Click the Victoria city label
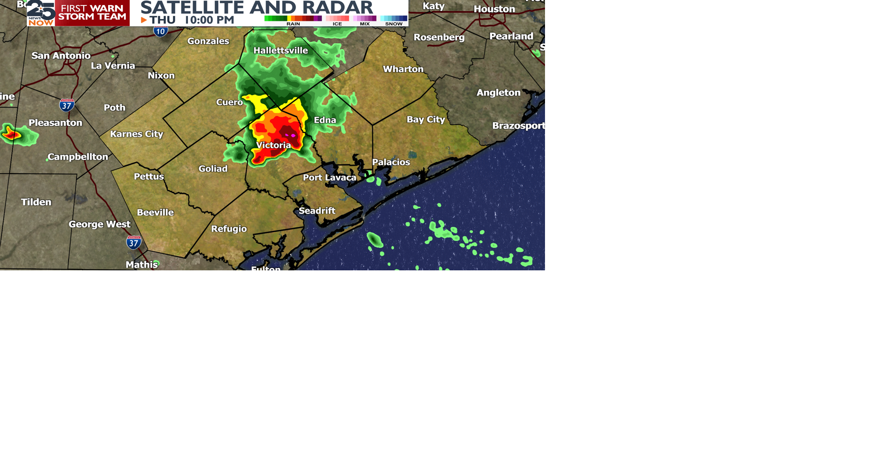[273, 145]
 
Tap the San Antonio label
[61, 56]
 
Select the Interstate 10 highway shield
[160, 31]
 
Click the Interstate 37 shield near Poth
[67, 105]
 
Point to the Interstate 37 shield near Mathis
[134, 243]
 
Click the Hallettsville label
[280, 50]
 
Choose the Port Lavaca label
[329, 178]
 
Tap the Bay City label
[426, 119]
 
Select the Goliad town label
[213, 169]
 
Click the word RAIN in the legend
[293, 24]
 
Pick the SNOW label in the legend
[394, 24]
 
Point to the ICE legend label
[337, 24]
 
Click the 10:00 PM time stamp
[209, 20]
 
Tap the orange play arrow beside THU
[144, 20]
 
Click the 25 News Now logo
[41, 13]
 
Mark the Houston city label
[494, 9]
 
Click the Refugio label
[229, 229]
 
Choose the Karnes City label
[136, 134]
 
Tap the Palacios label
[391, 162]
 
